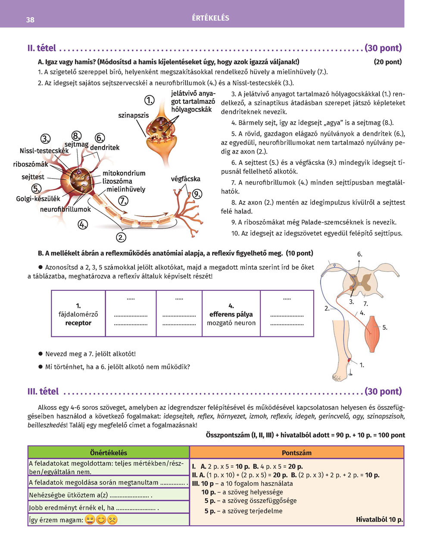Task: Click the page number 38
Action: tap(30, 20)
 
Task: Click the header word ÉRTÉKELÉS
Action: tap(211, 18)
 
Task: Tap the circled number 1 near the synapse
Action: tap(149, 101)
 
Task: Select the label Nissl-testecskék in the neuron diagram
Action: tap(44, 151)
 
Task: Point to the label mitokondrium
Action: tap(124, 173)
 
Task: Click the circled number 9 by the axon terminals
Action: tap(197, 194)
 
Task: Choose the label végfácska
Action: tap(185, 179)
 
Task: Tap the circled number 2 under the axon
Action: tap(121, 237)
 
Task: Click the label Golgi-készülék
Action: tap(38, 199)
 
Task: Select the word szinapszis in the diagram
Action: tap(133, 116)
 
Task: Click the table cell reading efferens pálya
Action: tap(231, 314)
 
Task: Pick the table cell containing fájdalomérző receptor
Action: tap(78, 314)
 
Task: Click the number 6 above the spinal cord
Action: tap(359, 255)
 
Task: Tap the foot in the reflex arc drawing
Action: tap(345, 367)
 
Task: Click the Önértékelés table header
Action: tap(109, 453)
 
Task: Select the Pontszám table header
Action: tap(297, 453)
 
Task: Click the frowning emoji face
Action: tap(112, 520)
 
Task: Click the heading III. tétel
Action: tap(43, 391)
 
